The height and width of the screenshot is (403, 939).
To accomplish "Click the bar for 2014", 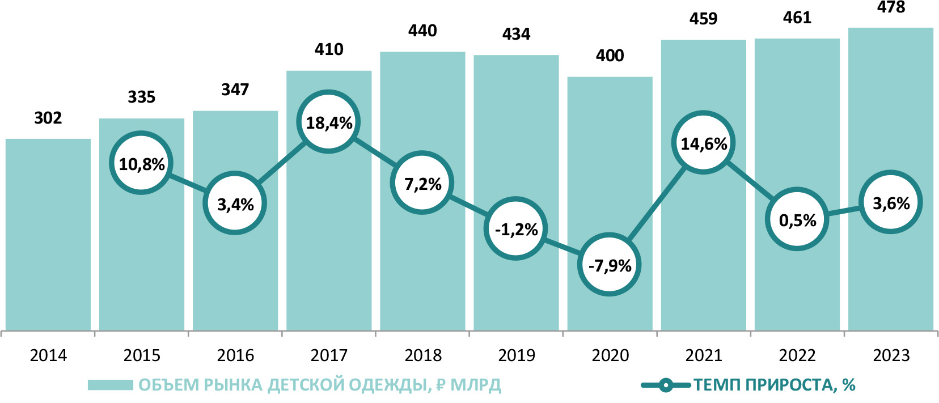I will tap(48, 238).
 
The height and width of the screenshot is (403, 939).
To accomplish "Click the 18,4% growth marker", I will tap(329, 122).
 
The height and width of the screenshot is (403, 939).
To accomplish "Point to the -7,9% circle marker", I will tap(610, 265).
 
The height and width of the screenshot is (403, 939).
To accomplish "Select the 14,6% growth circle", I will tap(704, 143).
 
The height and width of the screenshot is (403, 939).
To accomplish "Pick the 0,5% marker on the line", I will tap(797, 220).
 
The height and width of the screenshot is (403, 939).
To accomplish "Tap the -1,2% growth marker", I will tap(516, 229).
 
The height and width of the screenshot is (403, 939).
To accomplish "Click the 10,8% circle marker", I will tap(141, 164).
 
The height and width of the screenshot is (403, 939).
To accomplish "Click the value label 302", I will tap(48, 118).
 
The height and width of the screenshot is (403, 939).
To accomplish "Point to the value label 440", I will tap(422, 31).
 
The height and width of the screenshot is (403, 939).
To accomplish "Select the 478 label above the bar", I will tap(891, 7).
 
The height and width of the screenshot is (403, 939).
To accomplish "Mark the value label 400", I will tap(610, 56).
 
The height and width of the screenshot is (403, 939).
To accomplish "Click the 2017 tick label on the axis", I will tap(329, 355).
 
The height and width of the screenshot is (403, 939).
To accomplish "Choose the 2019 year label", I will tap(516, 355).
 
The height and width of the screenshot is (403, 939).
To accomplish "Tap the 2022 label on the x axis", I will tap(797, 355).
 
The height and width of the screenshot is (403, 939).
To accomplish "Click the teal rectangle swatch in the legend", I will tap(110, 385).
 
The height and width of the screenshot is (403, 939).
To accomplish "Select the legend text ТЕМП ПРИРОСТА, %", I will tap(775, 385).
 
